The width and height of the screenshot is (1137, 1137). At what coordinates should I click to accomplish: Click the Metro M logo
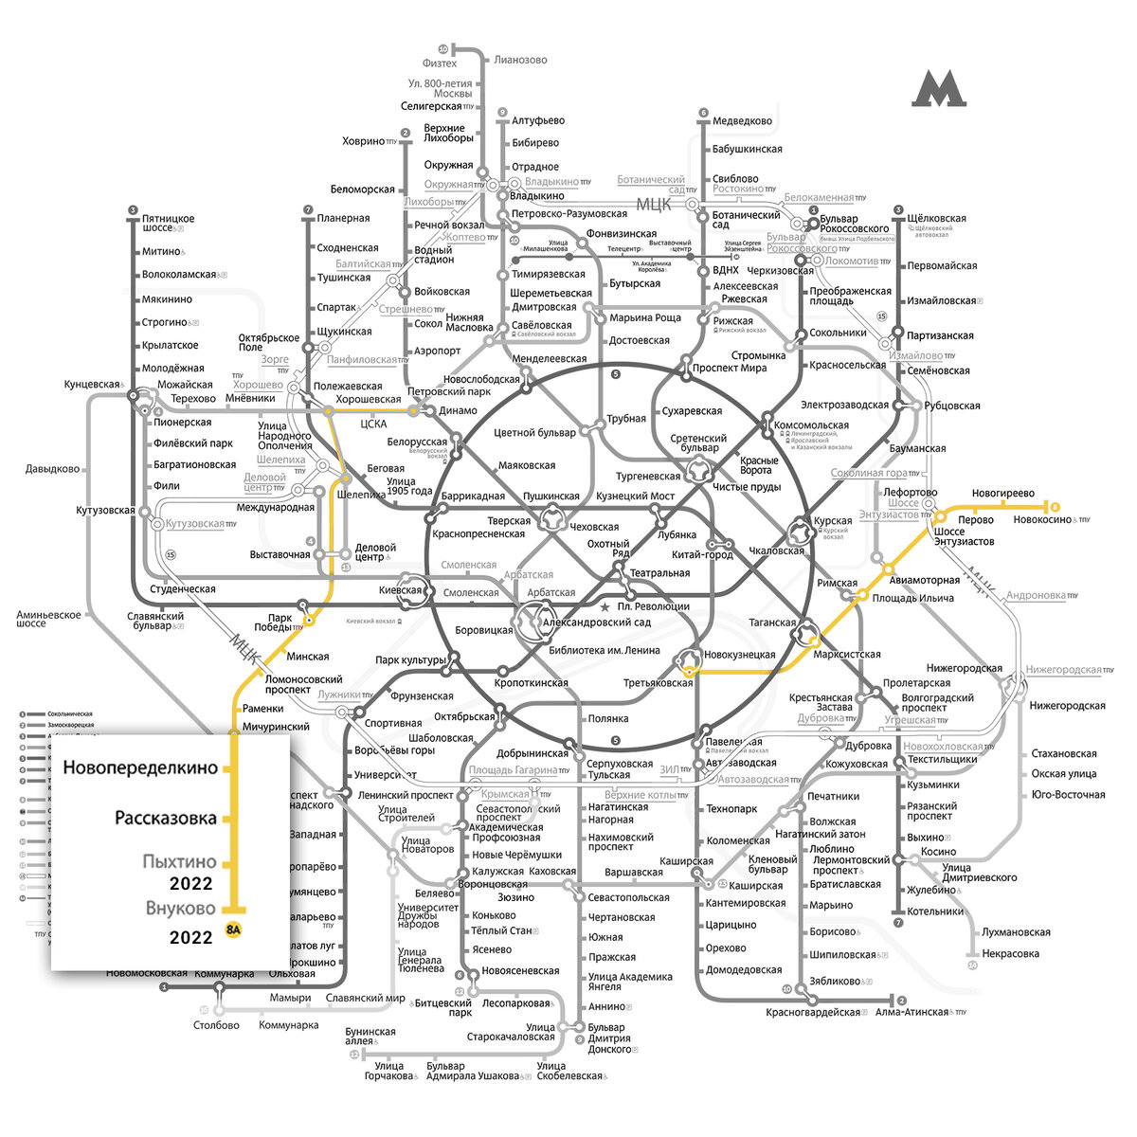[939, 90]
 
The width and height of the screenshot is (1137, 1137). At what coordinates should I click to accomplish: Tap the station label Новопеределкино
[140, 768]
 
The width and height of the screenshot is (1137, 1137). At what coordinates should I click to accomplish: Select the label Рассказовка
[166, 818]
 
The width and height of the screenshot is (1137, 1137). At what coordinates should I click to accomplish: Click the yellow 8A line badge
[232, 929]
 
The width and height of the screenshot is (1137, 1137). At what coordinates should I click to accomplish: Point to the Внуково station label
[180, 909]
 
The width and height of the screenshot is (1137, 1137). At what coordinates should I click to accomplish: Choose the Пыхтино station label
[179, 862]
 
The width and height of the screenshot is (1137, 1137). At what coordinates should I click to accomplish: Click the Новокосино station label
[1037, 519]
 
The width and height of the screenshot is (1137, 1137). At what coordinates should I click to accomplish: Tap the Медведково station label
[742, 121]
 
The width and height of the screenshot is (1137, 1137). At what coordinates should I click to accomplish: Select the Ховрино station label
[364, 141]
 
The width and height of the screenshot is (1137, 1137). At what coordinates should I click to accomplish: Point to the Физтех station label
[440, 63]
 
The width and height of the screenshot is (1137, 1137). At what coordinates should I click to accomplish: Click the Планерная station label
[343, 218]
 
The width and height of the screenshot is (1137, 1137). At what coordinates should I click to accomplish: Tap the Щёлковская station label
[936, 218]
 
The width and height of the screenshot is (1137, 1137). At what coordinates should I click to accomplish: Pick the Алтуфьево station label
[538, 121]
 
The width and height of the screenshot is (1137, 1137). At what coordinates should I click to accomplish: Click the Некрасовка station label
[1010, 954]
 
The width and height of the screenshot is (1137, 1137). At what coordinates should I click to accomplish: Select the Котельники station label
[935, 911]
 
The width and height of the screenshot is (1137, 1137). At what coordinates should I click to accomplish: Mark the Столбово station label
[216, 1025]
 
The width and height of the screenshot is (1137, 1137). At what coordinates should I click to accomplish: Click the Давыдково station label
[53, 468]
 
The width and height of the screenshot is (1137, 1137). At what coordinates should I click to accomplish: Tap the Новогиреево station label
[1002, 494]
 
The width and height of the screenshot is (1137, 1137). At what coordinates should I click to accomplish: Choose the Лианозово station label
[521, 60]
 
